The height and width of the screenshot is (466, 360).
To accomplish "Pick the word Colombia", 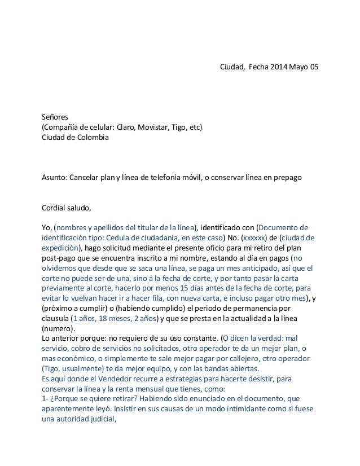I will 90,138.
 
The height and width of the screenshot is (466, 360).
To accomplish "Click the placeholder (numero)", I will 58,328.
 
